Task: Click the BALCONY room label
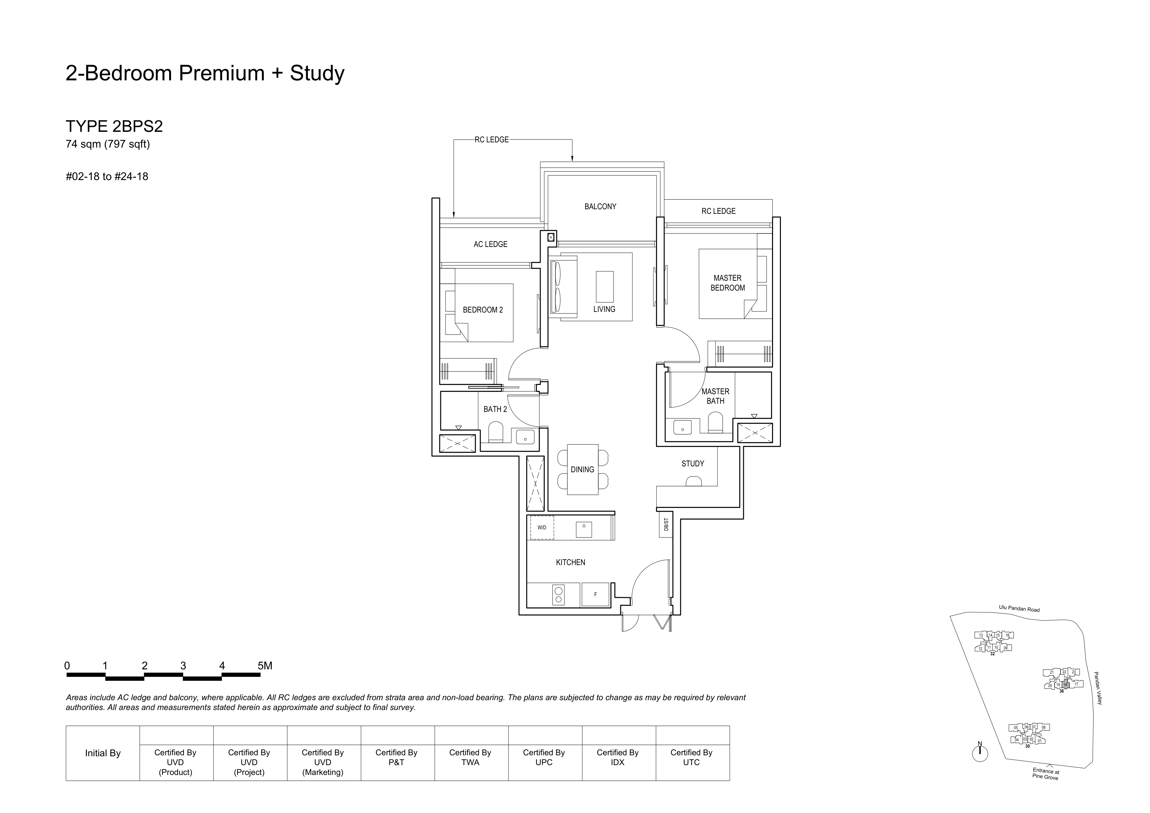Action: coord(600,206)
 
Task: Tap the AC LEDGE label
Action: coord(490,244)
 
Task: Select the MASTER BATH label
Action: coord(715,396)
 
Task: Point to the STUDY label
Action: coord(693,464)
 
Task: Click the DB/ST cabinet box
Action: coord(666,524)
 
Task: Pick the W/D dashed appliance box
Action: coord(542,527)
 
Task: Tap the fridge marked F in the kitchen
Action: coord(595,595)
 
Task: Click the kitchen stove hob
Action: coord(559,595)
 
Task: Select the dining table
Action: coord(583,469)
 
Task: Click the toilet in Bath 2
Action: coord(495,432)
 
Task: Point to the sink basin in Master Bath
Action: coord(682,427)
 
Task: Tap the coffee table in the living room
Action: coord(605,287)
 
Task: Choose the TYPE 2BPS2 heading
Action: coord(114,126)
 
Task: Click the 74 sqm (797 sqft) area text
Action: coord(108,144)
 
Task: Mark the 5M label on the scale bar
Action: coord(265,666)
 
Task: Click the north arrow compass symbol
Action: coord(980,753)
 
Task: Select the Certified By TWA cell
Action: coord(470,757)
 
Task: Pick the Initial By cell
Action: coord(103,753)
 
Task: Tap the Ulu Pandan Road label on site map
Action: coord(1019,609)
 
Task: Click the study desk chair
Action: coord(694,481)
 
